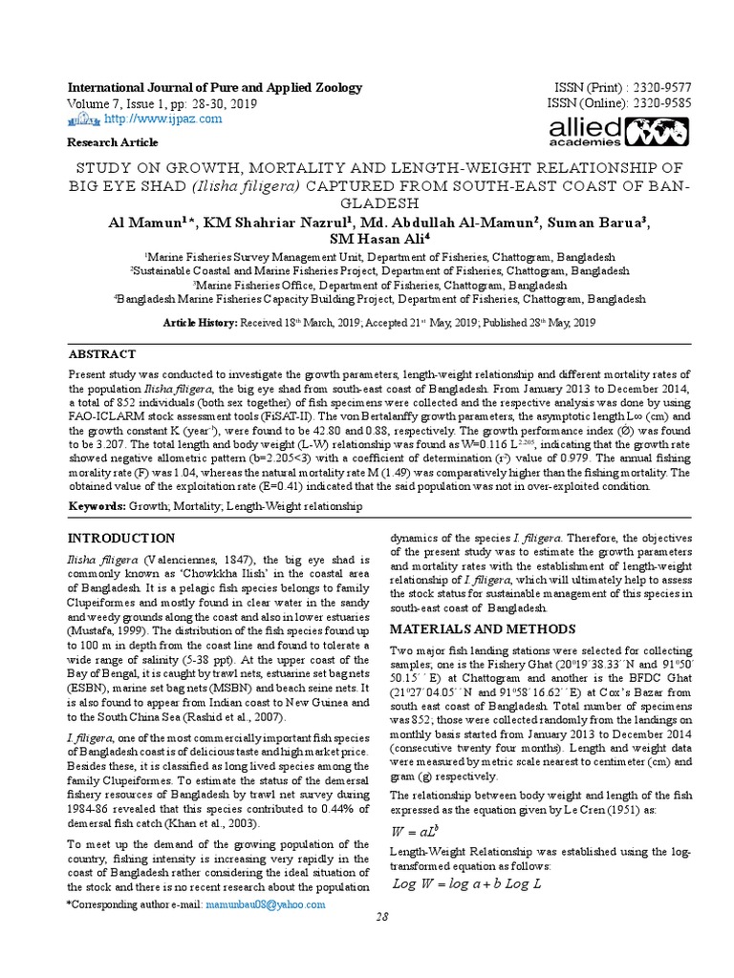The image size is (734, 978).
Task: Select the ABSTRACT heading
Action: (102, 354)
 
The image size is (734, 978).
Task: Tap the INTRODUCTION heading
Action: (120, 539)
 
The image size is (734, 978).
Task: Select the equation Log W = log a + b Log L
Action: (467, 884)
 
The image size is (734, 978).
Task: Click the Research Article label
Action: (112, 142)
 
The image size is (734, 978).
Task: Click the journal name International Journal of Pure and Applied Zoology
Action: (214, 88)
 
